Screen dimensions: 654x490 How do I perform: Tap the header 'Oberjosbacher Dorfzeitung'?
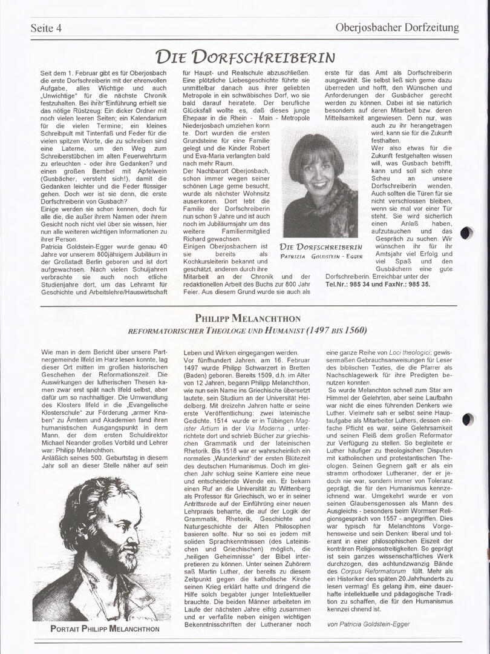coord(397,27)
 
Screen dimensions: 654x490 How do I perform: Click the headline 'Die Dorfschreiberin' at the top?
coord(244,57)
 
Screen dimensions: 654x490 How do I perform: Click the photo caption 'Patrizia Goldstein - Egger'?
coord(321,256)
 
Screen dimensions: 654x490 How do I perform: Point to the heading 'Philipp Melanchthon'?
coord(246,318)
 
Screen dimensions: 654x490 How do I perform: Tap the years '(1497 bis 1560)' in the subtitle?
coord(336,331)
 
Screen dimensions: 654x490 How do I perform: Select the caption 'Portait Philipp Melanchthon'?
coord(105,629)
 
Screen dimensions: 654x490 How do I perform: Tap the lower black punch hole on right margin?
coord(467,419)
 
